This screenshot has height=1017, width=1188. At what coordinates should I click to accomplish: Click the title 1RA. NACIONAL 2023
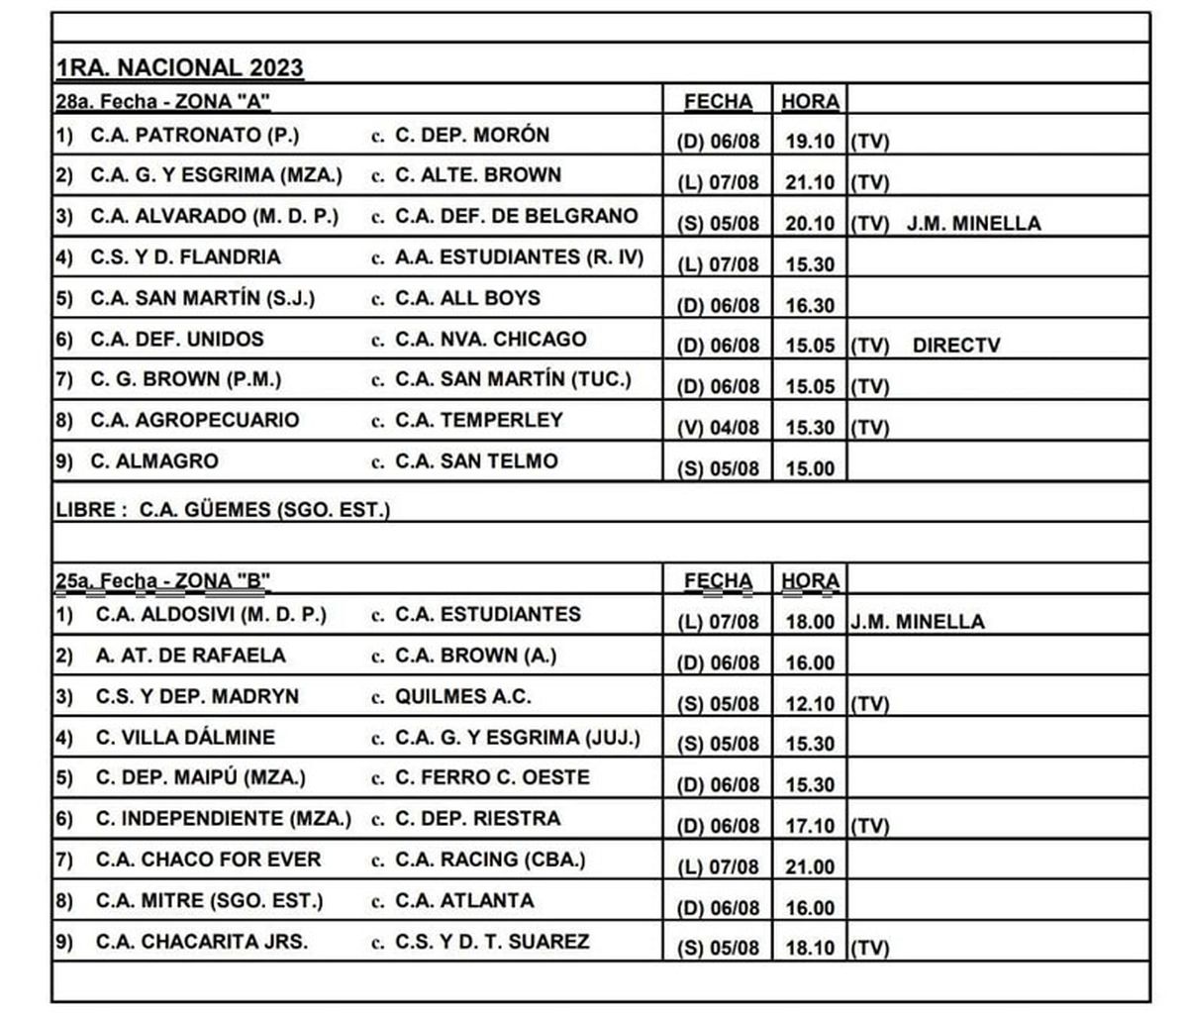point(179,68)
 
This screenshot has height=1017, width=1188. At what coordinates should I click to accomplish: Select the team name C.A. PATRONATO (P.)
point(194,135)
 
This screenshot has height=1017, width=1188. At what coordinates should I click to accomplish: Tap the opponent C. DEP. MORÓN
point(471,135)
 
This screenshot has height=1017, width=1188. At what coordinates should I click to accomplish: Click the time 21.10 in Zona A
point(810,183)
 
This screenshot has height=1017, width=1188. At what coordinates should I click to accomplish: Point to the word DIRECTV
point(956,347)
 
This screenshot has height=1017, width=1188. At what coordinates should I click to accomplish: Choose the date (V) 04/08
point(719,428)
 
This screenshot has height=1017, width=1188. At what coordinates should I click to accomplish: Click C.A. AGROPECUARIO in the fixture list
point(194,420)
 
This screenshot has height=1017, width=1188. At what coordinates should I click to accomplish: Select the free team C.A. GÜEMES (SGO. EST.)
point(264,510)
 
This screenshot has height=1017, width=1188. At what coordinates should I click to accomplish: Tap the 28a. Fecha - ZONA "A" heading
point(163,102)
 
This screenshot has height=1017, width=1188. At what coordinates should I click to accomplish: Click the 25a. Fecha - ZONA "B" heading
point(163,581)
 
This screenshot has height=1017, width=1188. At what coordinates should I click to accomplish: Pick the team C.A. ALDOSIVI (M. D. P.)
point(211,615)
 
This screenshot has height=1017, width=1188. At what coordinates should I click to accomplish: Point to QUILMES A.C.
point(462,697)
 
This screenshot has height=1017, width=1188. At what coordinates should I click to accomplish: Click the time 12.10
point(810,704)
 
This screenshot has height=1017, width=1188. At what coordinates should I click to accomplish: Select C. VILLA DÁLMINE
point(185,738)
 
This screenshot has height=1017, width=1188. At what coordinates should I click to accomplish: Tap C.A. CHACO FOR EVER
point(208,860)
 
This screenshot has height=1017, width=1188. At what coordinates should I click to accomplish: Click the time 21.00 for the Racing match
point(810,867)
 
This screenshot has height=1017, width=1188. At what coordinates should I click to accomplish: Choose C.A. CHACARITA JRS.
point(201,942)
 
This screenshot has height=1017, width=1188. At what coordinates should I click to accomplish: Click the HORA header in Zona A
point(810,102)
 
